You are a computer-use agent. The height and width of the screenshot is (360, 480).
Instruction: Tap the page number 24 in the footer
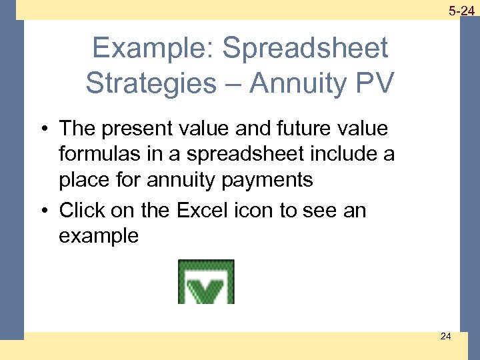(445, 336)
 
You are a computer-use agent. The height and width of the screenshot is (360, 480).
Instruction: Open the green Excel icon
(206, 282)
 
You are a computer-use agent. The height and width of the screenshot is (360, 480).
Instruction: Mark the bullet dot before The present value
(45, 129)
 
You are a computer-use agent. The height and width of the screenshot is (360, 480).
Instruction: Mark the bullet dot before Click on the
(45, 211)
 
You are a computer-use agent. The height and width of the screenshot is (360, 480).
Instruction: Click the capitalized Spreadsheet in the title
(305, 49)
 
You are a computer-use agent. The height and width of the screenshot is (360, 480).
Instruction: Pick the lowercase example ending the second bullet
(99, 236)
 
